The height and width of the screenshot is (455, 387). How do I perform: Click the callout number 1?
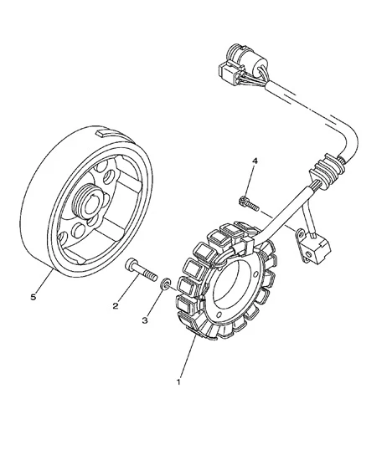pyautogui.click(x=178, y=382)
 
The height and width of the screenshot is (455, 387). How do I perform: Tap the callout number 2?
pyautogui.click(x=116, y=305)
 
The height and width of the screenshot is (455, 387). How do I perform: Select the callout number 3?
pyautogui.click(x=145, y=320)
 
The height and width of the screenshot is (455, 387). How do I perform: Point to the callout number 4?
pyautogui.click(x=255, y=161)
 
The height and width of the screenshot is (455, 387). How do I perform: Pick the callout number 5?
pyautogui.click(x=34, y=297)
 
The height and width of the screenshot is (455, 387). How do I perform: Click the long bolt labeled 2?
pyautogui.click(x=142, y=270)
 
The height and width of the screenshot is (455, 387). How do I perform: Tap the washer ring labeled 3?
pyautogui.click(x=165, y=284)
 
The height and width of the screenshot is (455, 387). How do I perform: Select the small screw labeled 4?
pyautogui.click(x=249, y=203)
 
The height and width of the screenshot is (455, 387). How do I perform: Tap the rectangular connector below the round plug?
pyautogui.click(x=230, y=73)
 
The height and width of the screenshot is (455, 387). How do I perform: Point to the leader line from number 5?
pyautogui.click(x=44, y=281)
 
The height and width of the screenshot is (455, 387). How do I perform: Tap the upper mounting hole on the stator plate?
pyautogui.click(x=255, y=274)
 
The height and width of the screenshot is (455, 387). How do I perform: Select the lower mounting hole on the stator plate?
pyautogui.click(x=220, y=314)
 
